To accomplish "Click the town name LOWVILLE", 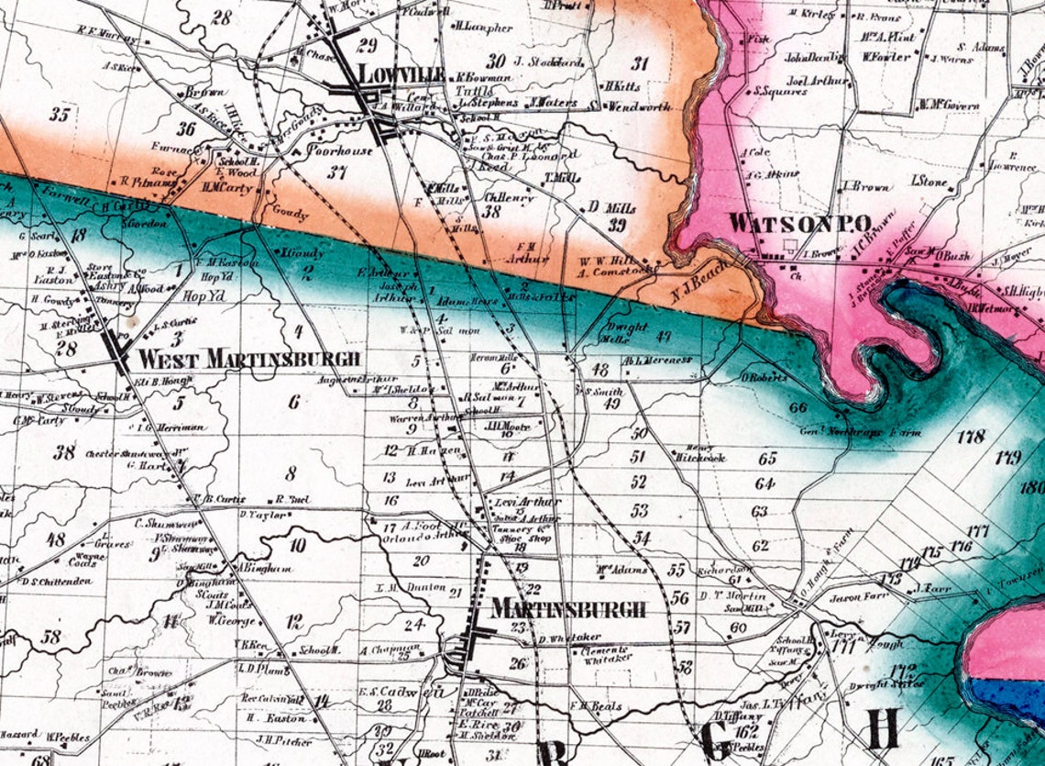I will click(x=401, y=74).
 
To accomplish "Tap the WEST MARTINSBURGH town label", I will click(x=249, y=359).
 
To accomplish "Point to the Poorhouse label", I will click(x=340, y=150).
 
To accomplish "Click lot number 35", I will click(x=60, y=115).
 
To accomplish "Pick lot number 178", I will click(x=970, y=437).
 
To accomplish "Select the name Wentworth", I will click(x=640, y=106).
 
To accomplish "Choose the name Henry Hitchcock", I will click(x=705, y=452).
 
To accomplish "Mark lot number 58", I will click(x=51, y=636).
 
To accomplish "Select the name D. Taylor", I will click(x=263, y=515).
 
